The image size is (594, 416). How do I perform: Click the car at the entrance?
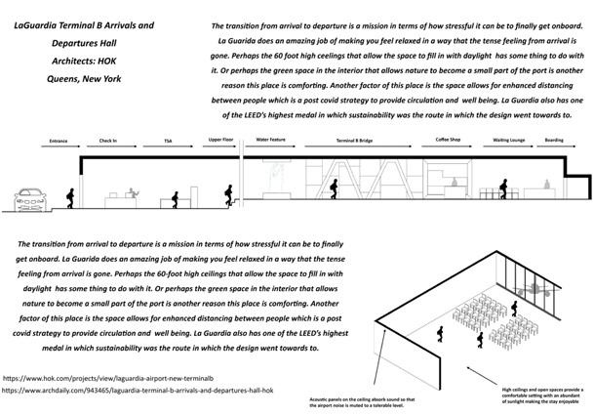click(29, 200)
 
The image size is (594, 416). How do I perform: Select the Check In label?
click(108, 141)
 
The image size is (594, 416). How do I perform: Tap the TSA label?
click(169, 141)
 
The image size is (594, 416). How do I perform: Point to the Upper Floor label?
click(221, 141)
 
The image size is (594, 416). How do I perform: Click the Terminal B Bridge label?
click(352, 141)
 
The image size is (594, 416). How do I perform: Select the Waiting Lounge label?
click(508, 141)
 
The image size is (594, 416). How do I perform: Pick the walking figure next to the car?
click(70, 196)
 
